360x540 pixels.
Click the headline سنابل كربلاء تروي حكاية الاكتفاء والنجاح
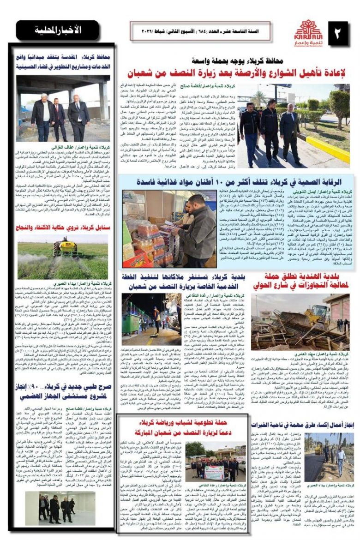tap(62, 227)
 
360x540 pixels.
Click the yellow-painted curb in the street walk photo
tap(328, 149)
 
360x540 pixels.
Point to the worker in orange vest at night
tap(157, 318)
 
